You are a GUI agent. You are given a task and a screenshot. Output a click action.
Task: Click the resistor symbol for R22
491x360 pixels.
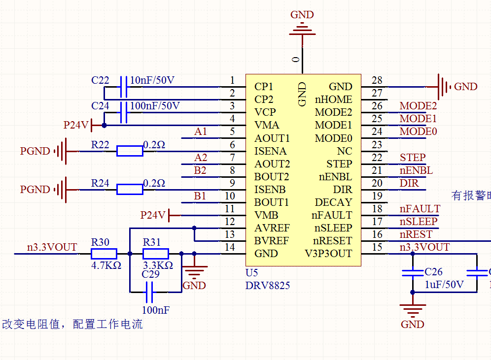130,151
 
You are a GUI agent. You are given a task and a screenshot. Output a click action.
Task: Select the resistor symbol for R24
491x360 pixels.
130,190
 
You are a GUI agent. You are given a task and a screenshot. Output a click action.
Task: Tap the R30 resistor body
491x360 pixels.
104,254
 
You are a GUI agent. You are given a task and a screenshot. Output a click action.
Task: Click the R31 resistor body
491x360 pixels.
156,254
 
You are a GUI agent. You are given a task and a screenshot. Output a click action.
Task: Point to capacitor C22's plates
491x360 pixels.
124,87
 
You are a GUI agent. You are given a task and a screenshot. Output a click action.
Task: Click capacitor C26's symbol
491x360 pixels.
413,273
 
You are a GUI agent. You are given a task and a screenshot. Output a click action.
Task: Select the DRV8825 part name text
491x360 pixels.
268,285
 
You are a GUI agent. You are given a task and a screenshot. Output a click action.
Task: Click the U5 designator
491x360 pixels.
251,272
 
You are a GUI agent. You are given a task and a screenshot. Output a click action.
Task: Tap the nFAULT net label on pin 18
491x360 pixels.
420,209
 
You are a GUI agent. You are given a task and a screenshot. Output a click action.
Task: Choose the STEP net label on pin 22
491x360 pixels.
413,158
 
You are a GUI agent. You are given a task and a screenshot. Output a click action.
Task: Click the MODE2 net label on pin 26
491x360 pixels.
418,106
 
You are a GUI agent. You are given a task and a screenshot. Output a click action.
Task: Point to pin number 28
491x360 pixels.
377,80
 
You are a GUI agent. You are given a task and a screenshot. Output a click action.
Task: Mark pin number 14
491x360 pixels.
230,247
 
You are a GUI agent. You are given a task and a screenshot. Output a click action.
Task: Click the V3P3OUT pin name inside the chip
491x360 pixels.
328,254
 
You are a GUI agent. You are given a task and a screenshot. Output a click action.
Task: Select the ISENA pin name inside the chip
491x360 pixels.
270,151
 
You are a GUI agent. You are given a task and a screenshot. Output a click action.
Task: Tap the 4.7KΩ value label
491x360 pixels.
105,265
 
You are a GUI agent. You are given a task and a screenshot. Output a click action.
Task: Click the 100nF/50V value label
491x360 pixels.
155,106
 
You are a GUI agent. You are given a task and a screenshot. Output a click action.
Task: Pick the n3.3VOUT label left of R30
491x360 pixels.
52,247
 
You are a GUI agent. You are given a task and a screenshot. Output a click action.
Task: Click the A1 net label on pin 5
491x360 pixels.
201,131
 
